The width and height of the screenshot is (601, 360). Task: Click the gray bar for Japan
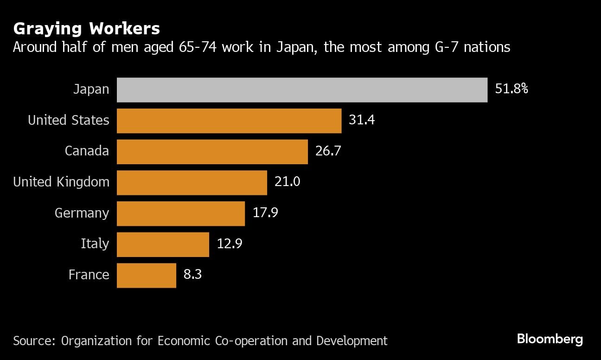(302, 90)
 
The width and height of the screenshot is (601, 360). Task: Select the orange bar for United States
(229, 121)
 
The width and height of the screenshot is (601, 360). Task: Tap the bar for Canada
(212, 151)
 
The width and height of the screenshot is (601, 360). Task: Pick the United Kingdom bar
(192, 182)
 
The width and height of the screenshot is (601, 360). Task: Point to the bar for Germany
(180, 213)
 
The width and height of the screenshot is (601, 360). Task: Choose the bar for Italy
(163, 244)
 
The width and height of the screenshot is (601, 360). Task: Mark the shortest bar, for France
(146, 275)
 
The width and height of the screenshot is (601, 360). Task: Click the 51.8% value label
(511, 89)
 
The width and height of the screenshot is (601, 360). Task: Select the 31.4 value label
(362, 120)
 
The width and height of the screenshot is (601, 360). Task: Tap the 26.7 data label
(328, 151)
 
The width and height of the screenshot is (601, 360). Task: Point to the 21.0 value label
(287, 182)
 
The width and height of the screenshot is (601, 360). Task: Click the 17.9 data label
(265, 213)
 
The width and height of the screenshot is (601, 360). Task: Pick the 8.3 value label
(192, 275)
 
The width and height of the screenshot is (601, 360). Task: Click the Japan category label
(91, 90)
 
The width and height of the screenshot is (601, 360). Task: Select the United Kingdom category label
(61, 182)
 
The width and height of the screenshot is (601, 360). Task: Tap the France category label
(89, 275)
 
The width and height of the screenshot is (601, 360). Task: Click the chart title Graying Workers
(87, 29)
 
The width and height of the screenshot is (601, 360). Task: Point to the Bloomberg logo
(550, 339)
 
